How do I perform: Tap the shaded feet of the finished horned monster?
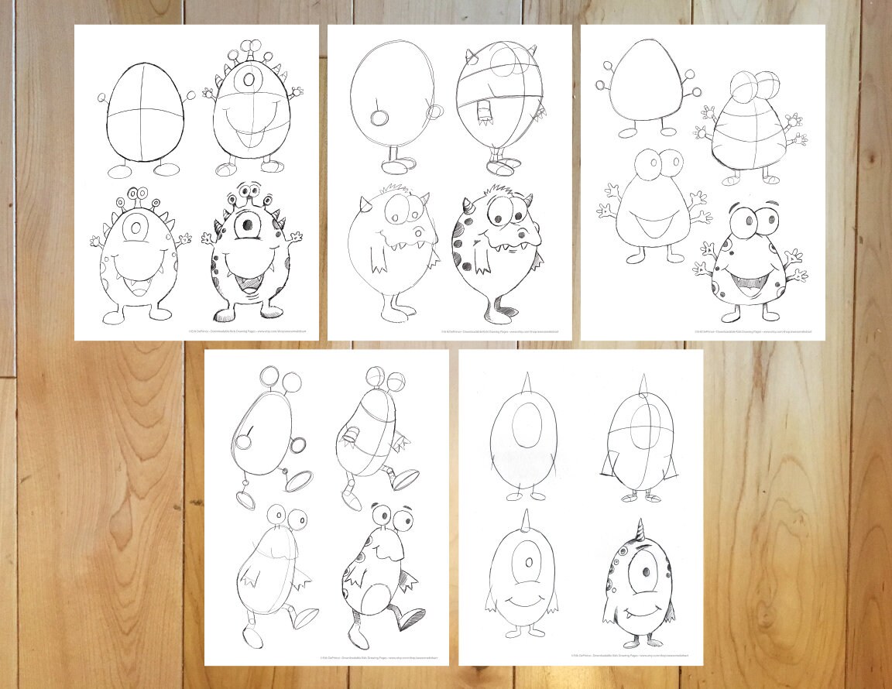tap(496, 309)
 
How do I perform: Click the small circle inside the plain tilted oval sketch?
tap(379, 117)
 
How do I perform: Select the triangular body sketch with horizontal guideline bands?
tap(746, 132)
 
